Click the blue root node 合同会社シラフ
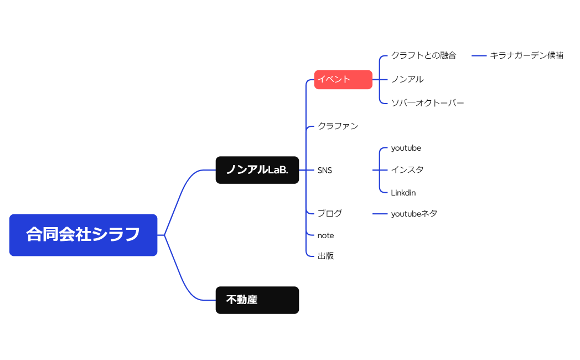click(x=83, y=235)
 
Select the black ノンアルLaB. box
click(x=257, y=170)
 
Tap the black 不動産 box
click(x=257, y=300)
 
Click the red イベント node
click(x=343, y=79)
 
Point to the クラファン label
click(x=338, y=126)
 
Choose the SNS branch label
click(x=325, y=170)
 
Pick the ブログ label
click(x=330, y=213)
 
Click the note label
click(x=325, y=235)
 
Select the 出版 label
click(x=325, y=256)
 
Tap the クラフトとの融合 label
click(x=423, y=55)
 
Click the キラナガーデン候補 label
click(x=526, y=55)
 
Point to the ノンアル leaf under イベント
click(x=407, y=79)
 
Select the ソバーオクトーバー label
click(x=427, y=103)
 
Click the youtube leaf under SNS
click(x=406, y=148)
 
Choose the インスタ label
click(x=407, y=170)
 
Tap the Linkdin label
click(x=403, y=193)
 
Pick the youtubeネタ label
click(x=414, y=213)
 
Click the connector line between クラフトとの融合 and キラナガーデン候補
click(x=479, y=55)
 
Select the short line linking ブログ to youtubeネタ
click(x=380, y=213)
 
